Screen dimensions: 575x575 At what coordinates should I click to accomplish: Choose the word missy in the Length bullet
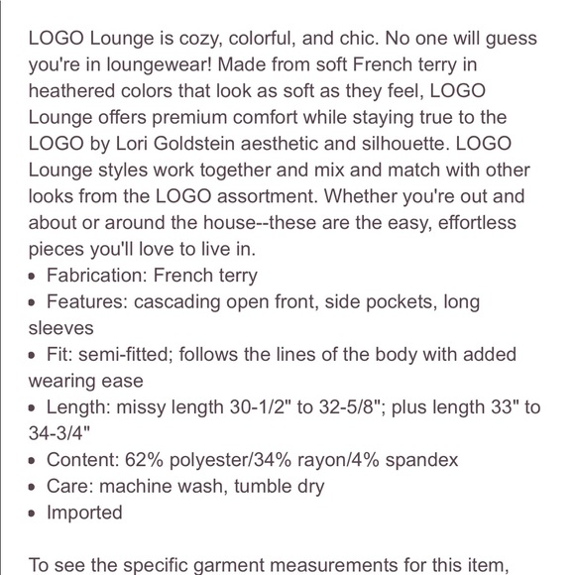click(147, 407)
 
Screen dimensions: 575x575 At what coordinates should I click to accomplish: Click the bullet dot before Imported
click(34, 514)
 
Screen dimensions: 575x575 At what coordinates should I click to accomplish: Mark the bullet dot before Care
click(34, 487)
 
